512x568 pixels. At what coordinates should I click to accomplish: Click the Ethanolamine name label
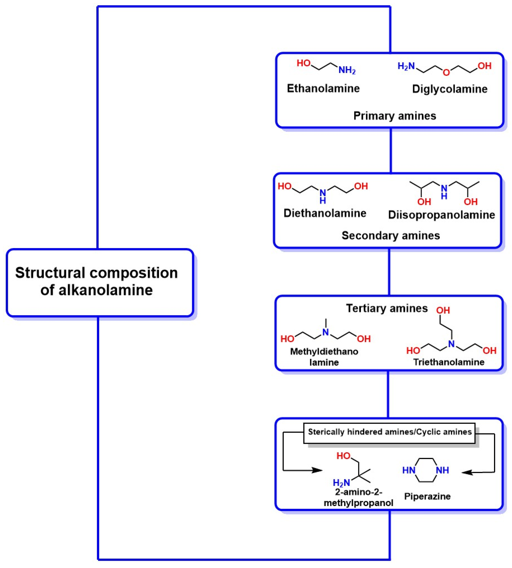323,88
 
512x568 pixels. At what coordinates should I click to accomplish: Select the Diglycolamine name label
449,89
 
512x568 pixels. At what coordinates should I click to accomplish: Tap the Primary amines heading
394,116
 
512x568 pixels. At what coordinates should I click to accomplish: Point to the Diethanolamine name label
325,213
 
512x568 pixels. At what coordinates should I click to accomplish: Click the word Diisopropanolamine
441,215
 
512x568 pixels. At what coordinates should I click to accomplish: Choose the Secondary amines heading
390,235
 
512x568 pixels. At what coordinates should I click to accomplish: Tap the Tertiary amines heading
386,308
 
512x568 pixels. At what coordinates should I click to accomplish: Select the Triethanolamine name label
449,362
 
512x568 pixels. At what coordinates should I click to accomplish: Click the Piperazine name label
427,496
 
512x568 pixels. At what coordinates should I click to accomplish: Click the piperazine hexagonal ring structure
426,470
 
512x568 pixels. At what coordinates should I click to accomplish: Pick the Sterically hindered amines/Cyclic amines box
389,432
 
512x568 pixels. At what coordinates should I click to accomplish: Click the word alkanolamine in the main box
96,290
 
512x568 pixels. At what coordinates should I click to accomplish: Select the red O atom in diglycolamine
446,72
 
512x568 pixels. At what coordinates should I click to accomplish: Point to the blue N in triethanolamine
451,344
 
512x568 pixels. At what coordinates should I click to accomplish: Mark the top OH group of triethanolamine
443,310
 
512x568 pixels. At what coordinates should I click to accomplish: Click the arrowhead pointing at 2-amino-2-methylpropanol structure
318,470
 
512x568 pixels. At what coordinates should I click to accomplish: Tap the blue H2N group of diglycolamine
406,66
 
